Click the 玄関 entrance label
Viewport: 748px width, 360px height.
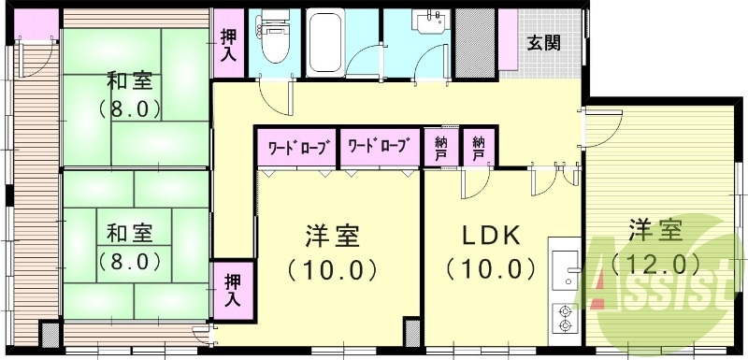point(543,42)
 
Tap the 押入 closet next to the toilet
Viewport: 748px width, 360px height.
point(228,44)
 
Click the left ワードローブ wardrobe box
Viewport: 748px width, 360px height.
point(298,147)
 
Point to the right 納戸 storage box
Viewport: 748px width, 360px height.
point(479,147)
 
